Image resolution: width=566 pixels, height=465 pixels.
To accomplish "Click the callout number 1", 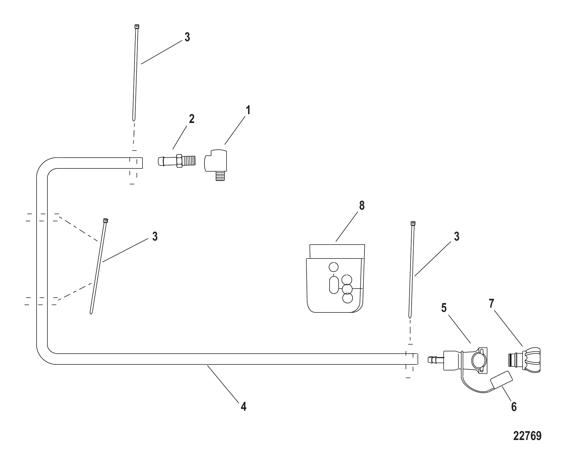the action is [x=248, y=110].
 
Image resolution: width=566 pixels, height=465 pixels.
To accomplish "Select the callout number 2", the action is [x=192, y=119].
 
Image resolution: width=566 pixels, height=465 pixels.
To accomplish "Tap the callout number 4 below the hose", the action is [x=243, y=406].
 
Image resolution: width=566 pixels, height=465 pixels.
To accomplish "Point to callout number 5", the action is [x=444, y=308].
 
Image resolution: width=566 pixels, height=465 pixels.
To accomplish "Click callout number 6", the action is [x=514, y=407].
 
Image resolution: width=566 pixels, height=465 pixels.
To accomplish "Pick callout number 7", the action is [x=491, y=304].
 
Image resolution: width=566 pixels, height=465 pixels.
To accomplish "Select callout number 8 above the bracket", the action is [x=362, y=205].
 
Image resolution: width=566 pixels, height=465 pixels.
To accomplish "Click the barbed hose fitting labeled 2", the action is [x=177, y=161].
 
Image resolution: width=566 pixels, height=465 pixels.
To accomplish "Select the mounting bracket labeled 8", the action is [x=335, y=278].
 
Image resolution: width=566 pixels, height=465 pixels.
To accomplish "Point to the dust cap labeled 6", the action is [x=502, y=380].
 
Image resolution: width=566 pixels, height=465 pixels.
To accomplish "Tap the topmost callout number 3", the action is [x=187, y=37].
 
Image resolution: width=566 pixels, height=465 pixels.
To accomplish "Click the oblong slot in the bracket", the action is [x=334, y=285].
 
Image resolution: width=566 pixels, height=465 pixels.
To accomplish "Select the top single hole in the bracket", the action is [x=334, y=267].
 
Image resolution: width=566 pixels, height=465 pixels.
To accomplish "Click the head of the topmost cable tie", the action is [x=137, y=26].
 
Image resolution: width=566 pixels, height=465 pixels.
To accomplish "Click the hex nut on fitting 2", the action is [x=179, y=161].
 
